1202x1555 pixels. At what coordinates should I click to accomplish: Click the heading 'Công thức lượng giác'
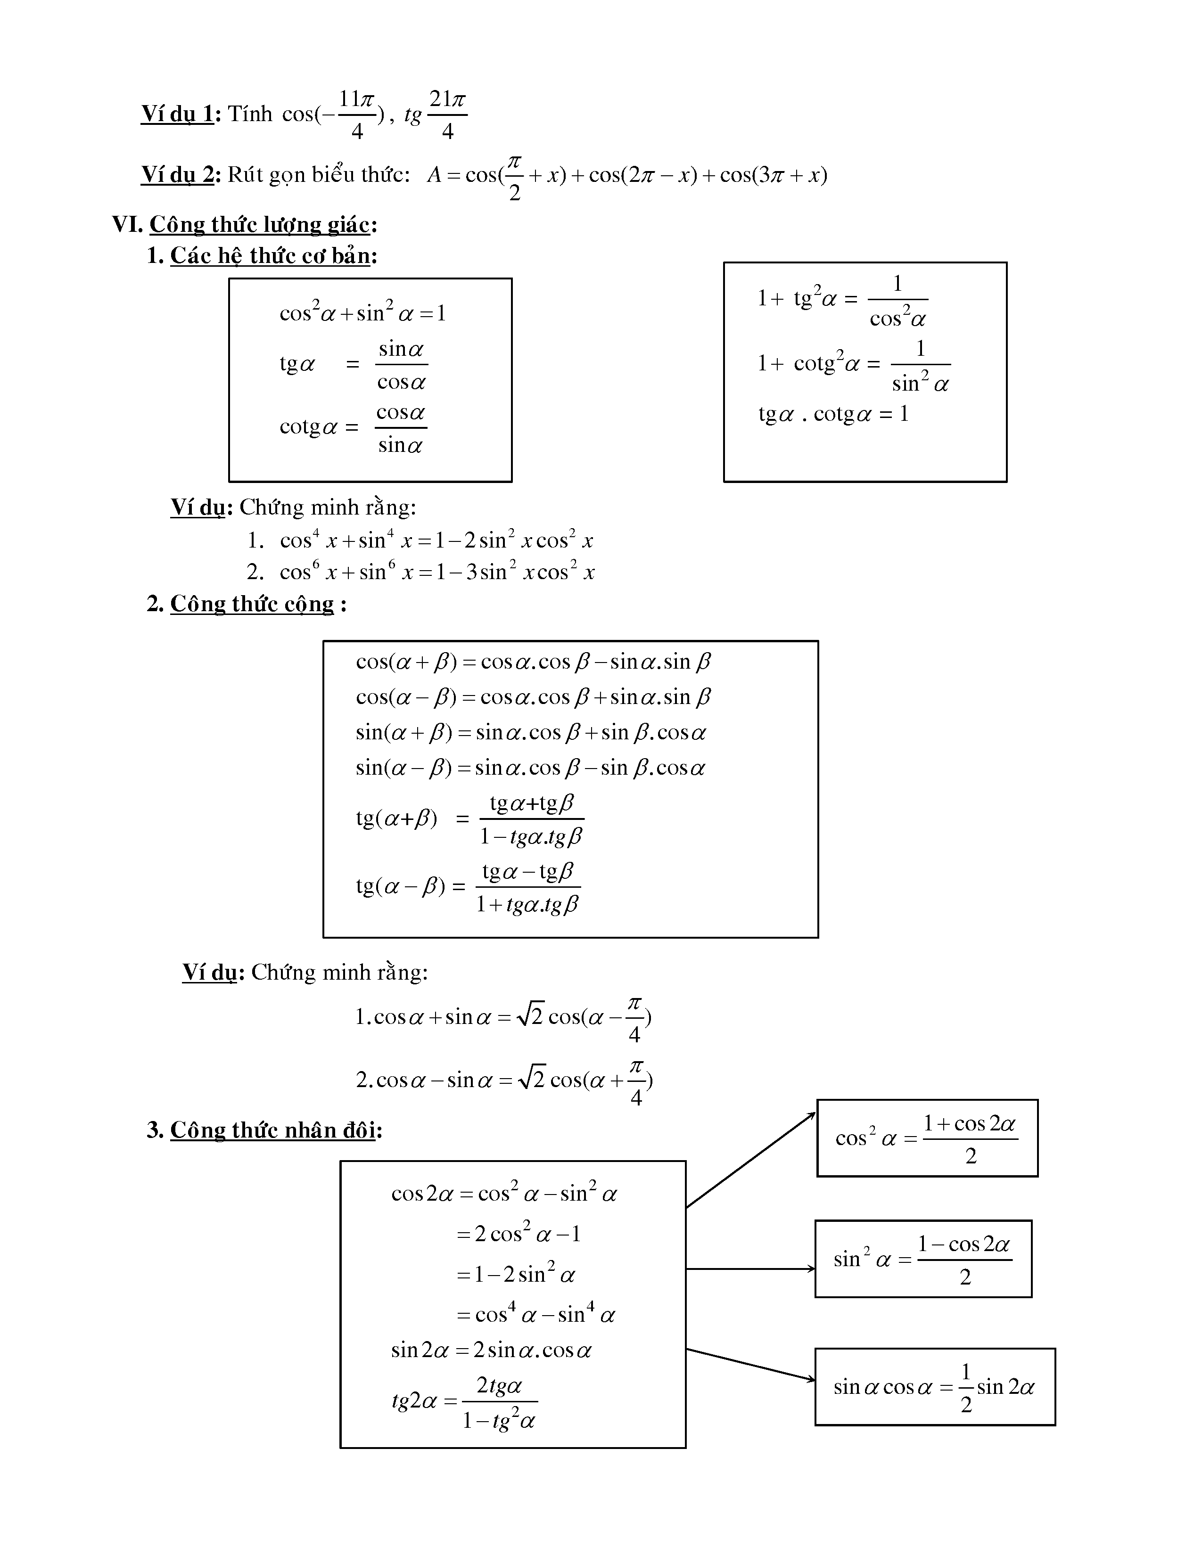pos(259,225)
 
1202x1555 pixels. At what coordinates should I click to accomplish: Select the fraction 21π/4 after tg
pos(447,114)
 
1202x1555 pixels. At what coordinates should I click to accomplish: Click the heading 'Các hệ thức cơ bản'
pos(270,255)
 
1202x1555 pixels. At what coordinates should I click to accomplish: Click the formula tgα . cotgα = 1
pos(833,414)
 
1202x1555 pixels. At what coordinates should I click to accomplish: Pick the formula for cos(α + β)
pos(533,662)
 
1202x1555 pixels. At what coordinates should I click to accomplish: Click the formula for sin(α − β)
pos(530,768)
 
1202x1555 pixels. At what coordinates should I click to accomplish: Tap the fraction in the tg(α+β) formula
pos(531,819)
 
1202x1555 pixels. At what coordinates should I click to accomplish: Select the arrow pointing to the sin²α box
pos(750,1269)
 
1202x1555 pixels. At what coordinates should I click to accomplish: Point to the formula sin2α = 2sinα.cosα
pos(491,1350)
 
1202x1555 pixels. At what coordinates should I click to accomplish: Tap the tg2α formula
pos(464,1402)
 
